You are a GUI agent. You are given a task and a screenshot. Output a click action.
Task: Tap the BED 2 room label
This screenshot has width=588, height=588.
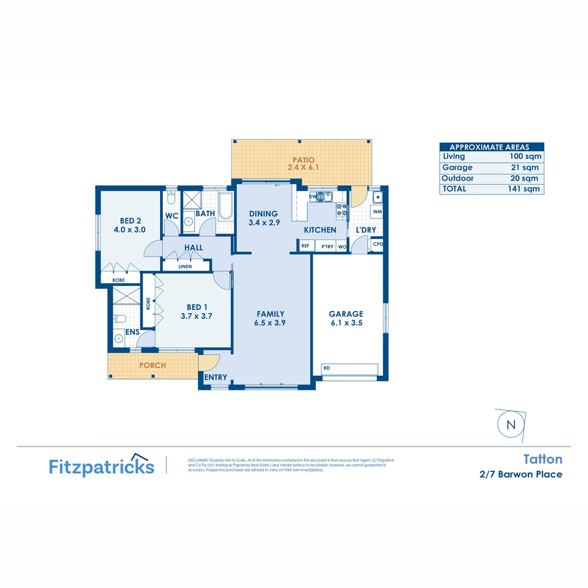tap(131, 221)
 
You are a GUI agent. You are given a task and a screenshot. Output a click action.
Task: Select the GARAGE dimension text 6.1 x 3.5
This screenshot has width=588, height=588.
tap(346, 323)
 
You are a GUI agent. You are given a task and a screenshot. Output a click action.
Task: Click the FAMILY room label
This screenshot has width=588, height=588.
tap(271, 314)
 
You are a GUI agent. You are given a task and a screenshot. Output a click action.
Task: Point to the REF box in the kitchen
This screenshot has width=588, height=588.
tap(305, 247)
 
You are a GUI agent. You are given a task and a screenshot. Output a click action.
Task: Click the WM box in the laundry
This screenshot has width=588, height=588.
tap(377, 211)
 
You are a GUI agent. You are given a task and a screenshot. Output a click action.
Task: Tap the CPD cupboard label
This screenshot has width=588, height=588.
tap(377, 244)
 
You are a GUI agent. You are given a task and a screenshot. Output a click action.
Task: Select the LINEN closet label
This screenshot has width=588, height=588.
tap(185, 266)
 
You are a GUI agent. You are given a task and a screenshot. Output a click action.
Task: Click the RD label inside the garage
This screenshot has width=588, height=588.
tap(326, 367)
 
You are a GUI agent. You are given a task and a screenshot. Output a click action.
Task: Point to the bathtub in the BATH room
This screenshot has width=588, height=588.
tap(226, 203)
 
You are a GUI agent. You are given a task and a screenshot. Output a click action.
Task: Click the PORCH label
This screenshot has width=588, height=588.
tap(152, 365)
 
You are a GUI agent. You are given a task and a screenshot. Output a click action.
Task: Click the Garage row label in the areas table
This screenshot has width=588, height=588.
tap(457, 168)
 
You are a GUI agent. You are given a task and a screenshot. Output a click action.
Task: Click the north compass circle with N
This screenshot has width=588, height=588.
tap(511, 425)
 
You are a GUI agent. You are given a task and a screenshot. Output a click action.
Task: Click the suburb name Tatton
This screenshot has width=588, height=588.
tap(542, 460)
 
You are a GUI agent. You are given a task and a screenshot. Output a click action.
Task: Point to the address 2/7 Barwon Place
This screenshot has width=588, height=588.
tap(520, 474)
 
